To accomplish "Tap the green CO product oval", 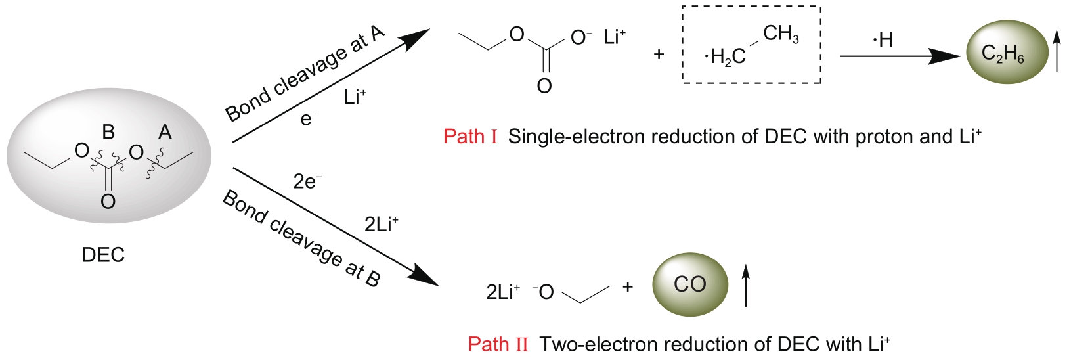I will tap(690, 284).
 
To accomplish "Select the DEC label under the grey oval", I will tap(103, 255).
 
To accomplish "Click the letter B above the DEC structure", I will tap(108, 132).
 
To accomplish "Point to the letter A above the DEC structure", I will tap(165, 132).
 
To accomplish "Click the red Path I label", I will tap(470, 137).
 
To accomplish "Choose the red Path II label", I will tap(498, 344).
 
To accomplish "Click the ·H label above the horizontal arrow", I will tap(883, 40).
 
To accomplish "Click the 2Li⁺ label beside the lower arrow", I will tap(382, 225).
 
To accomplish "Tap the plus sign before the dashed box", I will tap(659, 55).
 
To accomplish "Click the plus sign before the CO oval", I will tap(628, 286).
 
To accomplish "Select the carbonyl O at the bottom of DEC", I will tap(108, 201).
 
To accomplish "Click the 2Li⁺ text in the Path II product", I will tap(503, 292).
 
